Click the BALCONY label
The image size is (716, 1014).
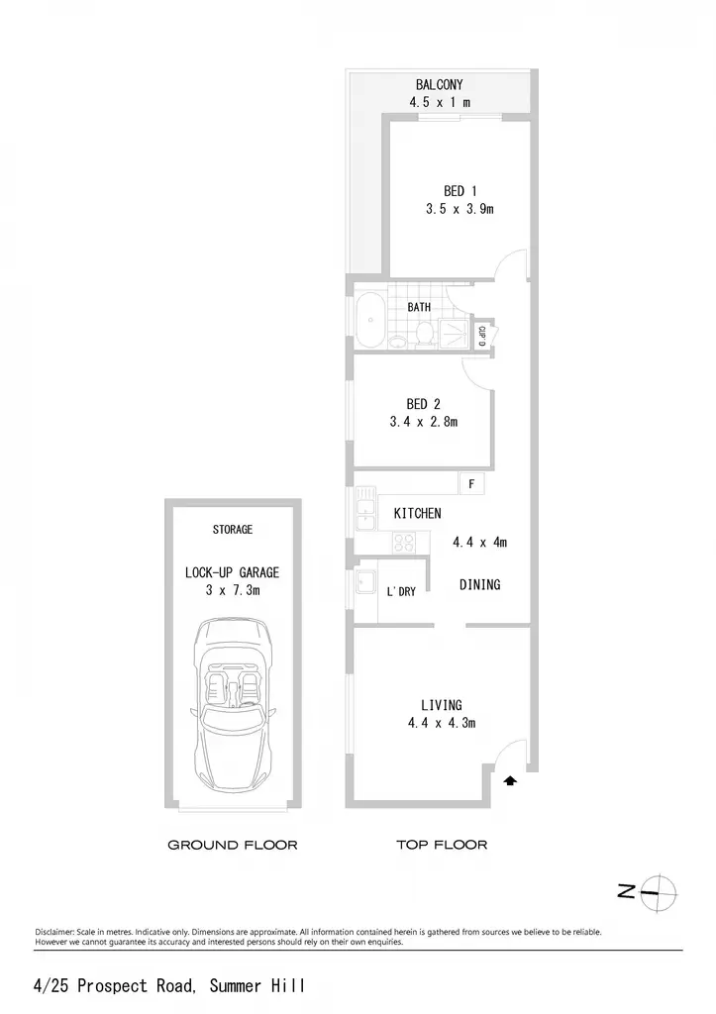(439, 85)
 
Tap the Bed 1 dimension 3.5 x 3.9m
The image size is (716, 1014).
(460, 209)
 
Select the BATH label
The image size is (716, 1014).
(419, 307)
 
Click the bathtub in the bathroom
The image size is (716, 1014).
(370, 320)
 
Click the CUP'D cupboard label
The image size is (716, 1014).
(482, 337)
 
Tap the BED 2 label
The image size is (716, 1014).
(423, 404)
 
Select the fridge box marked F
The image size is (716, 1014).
(471, 483)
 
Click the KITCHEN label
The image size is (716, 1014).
(417, 514)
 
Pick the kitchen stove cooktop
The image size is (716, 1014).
(404, 542)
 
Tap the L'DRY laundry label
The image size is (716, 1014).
(401, 591)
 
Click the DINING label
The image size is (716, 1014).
(480, 584)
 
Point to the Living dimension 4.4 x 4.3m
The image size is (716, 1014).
(441, 723)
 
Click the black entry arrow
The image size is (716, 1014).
(510, 781)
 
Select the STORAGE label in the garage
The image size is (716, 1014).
(232, 530)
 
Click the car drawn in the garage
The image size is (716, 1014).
(233, 706)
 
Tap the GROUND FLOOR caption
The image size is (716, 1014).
(233, 845)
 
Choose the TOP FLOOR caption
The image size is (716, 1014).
(442, 844)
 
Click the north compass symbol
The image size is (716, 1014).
(649, 894)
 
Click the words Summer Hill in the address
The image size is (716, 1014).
(257, 985)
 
